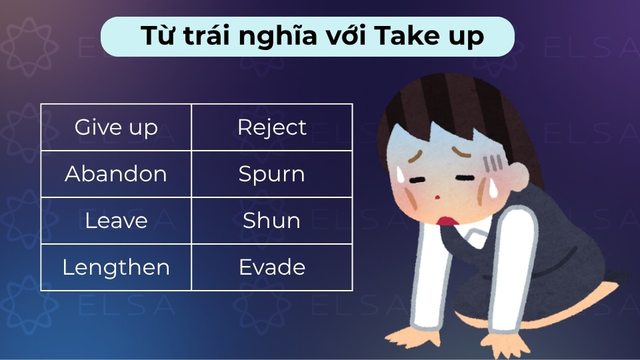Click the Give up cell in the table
[116, 127]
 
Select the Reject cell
[272, 127]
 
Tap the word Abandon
[116, 174]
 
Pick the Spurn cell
[272, 174]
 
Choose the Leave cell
[116, 221]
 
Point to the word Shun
[272, 221]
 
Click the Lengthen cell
[116, 267]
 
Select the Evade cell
[272, 267]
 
